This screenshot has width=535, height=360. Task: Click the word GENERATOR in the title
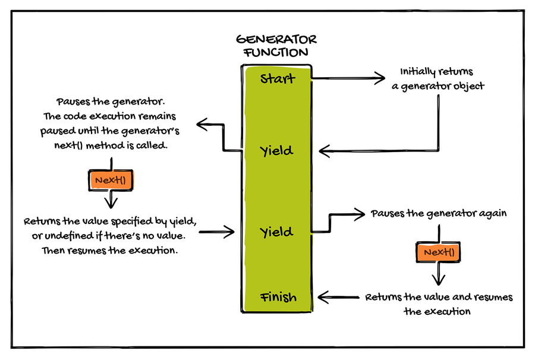[x=276, y=40]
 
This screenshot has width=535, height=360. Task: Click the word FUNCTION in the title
[x=276, y=52]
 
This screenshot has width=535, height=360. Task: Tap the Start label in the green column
[x=277, y=78]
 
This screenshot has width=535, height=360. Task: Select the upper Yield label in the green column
[x=276, y=151]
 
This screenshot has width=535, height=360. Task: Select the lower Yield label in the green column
[x=276, y=232]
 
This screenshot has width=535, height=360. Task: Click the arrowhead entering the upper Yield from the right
[x=321, y=151]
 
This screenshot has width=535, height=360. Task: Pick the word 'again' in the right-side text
[x=493, y=213]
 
